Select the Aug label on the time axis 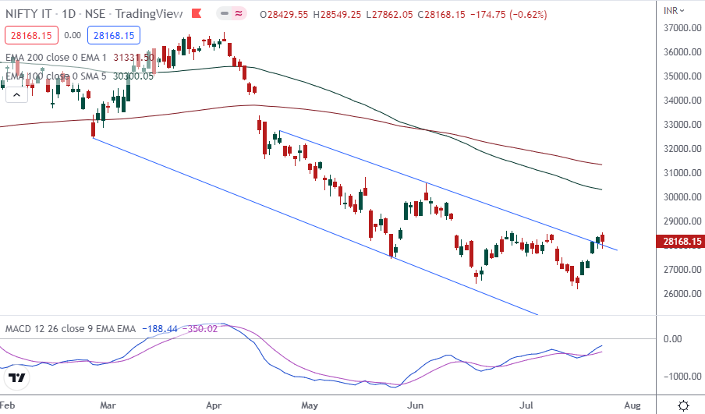click(x=632, y=405)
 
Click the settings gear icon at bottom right click(x=683, y=405)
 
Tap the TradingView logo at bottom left click(x=17, y=379)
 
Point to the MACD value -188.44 click(x=158, y=329)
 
